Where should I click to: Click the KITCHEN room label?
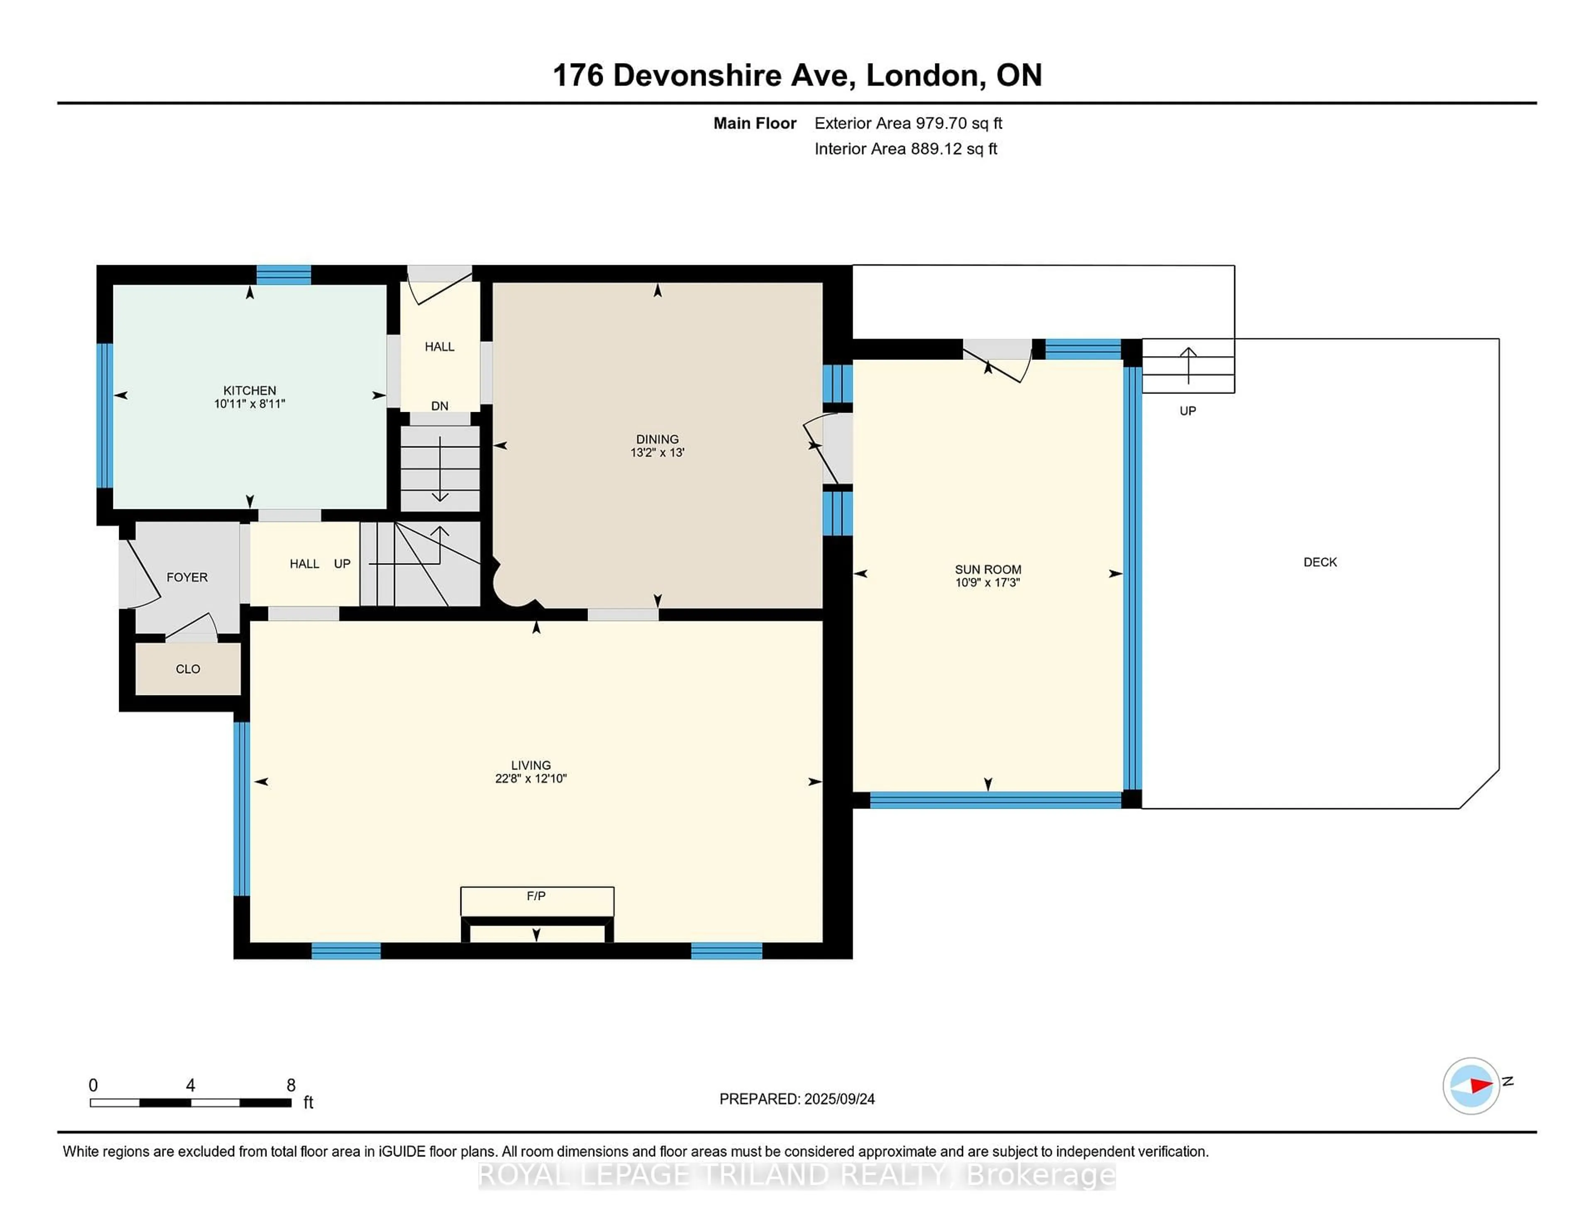click(x=249, y=391)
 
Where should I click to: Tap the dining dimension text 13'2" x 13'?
click(x=657, y=452)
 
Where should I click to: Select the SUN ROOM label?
click(x=988, y=569)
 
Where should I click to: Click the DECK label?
click(x=1320, y=562)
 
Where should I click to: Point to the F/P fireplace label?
click(x=536, y=895)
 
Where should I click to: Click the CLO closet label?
click(x=188, y=669)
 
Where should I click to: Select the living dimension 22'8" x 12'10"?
click(x=531, y=779)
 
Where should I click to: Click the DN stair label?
click(x=439, y=406)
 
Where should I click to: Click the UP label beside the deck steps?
click(x=1188, y=411)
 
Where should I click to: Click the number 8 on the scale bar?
click(x=291, y=1085)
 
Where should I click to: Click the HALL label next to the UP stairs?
click(x=304, y=563)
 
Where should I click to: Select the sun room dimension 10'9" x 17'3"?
click(x=988, y=582)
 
